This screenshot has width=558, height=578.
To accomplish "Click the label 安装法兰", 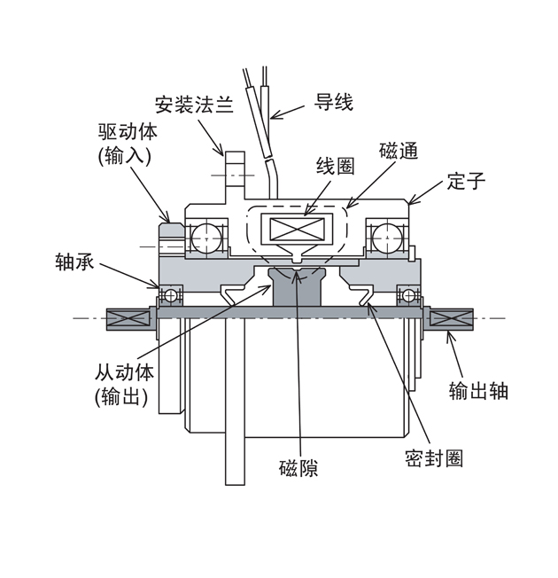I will (193, 105).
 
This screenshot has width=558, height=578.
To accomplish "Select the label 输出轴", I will (478, 390).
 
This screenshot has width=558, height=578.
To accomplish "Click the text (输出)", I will (120, 398).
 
